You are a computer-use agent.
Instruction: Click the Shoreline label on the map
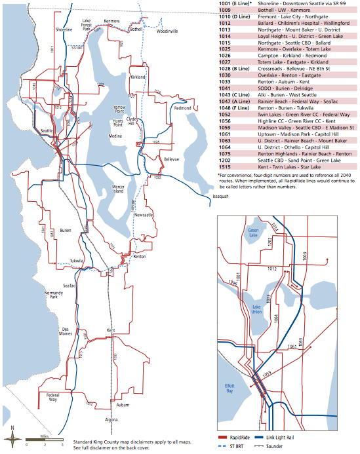click(x=64, y=29)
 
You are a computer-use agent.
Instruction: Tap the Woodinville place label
click(x=167, y=31)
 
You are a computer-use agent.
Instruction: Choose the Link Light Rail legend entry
click(x=306, y=434)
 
